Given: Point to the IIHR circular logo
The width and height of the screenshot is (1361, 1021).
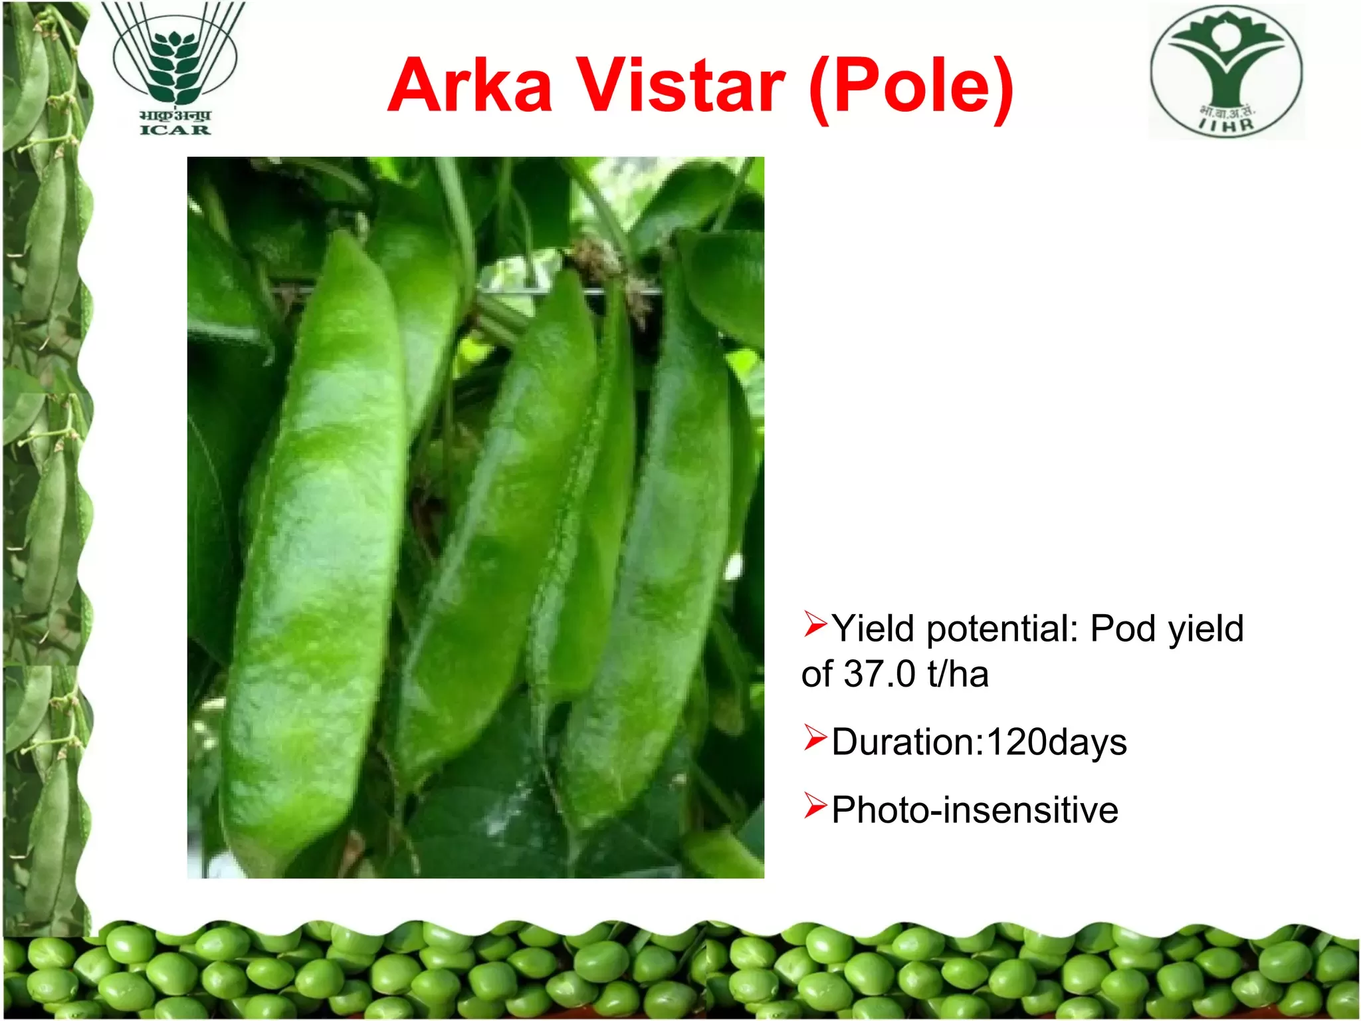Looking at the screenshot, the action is tap(1227, 71).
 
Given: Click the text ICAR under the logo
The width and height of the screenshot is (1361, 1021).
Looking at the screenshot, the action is tap(175, 130).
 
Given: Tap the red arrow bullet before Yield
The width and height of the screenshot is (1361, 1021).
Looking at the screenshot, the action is tap(815, 624).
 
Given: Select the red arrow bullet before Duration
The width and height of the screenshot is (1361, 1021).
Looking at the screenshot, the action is tap(815, 737).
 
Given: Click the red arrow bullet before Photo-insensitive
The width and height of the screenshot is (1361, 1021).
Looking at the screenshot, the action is tap(815, 805).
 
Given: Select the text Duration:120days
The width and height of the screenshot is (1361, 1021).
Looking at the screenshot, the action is tap(979, 743).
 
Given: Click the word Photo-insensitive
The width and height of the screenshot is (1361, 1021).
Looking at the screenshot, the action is tap(975, 810).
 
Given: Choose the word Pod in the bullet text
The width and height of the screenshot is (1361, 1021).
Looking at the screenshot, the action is tap(1124, 628).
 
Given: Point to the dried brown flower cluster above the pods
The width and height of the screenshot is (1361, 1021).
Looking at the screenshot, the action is tap(608, 266).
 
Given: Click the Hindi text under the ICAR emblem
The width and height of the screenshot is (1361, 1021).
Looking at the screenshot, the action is tap(175, 116).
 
